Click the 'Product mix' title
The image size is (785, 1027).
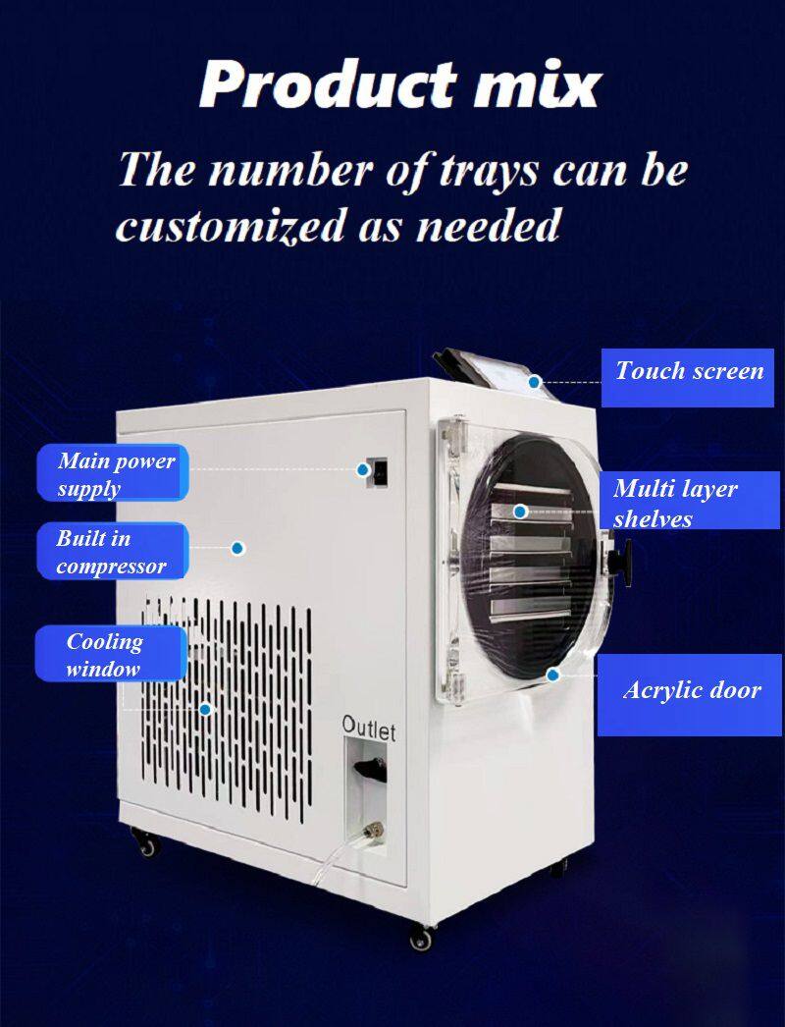[400, 84]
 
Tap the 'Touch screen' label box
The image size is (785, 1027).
[688, 378]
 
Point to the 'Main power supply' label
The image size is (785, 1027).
[113, 473]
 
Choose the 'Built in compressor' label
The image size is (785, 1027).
[113, 551]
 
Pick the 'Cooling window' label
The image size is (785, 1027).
[111, 654]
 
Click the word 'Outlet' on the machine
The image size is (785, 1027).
[369, 728]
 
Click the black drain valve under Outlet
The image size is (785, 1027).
[370, 769]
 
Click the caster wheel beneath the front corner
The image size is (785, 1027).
[421, 938]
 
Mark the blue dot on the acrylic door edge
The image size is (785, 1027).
[552, 675]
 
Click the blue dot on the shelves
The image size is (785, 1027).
[520, 511]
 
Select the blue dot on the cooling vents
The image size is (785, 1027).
[206, 709]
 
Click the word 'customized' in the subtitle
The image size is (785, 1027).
[230, 226]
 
